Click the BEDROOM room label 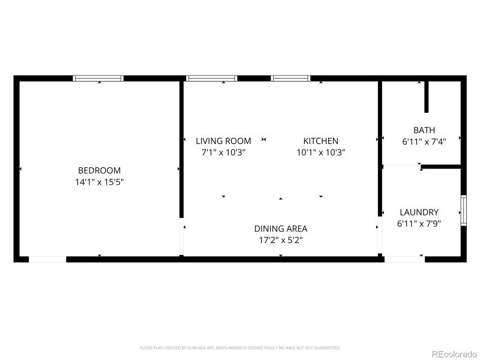[99, 170]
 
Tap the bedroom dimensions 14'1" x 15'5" [99, 181]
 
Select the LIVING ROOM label [223, 141]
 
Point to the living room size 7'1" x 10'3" [223, 152]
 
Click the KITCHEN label [320, 141]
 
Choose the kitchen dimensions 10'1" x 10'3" [320, 152]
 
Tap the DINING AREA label [280, 229]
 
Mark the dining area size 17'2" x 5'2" [280, 240]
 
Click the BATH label [424, 130]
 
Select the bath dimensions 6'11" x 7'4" [424, 142]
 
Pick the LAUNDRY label [419, 212]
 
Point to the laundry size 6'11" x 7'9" [419, 224]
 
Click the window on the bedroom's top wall [98, 78]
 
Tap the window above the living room [211, 78]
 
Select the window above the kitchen [290, 78]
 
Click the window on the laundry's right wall [463, 211]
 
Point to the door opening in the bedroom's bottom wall [47, 259]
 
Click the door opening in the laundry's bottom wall [404, 259]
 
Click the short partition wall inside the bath [427, 97]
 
